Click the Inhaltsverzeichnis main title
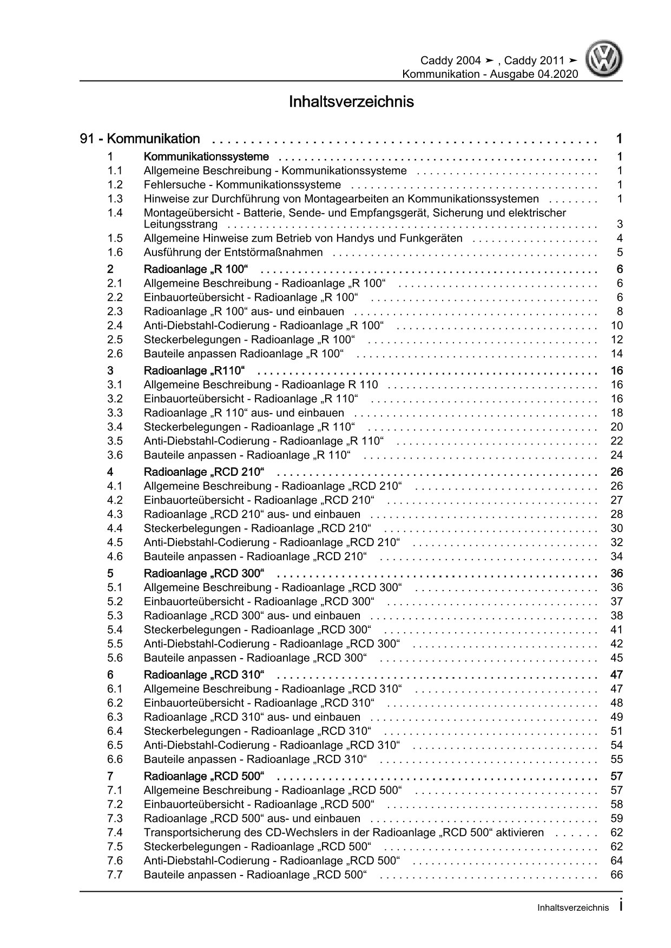pyautogui.click(x=351, y=102)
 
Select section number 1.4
pyautogui.click(x=115, y=213)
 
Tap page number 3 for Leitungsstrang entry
pyautogui.click(x=620, y=224)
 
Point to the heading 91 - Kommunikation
pyautogui.click(x=140, y=139)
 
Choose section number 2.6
pyautogui.click(x=115, y=354)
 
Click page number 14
pyautogui.click(x=616, y=354)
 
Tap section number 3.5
pyautogui.click(x=115, y=441)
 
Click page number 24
pyautogui.click(x=616, y=455)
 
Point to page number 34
pyautogui.click(x=616, y=556)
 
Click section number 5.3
pyautogui.click(x=115, y=615)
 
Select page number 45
pyautogui.click(x=616, y=658)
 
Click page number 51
pyautogui.click(x=616, y=731)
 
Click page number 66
pyautogui.click(x=616, y=875)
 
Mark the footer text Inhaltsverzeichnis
pyautogui.click(x=573, y=908)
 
